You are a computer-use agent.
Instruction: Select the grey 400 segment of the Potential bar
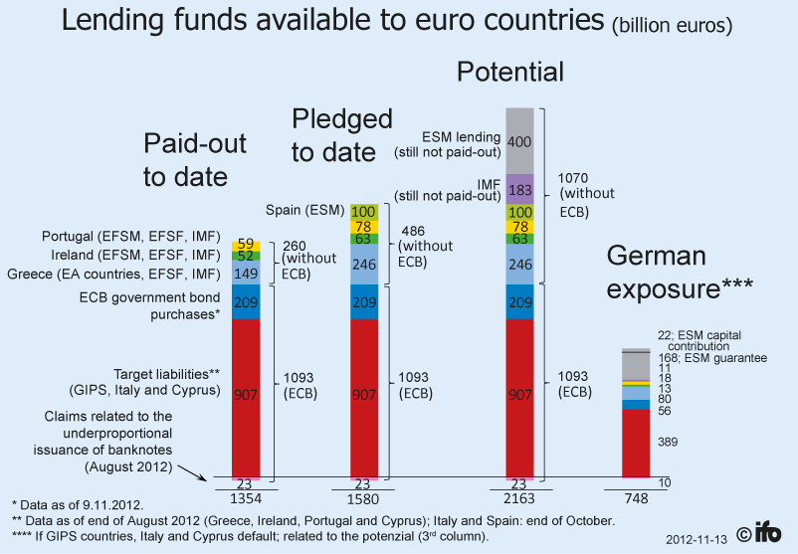click(519, 141)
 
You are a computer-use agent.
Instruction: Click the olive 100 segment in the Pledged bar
click(364, 212)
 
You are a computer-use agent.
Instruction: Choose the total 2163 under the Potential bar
click(519, 496)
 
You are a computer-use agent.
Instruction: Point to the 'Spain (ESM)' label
click(304, 211)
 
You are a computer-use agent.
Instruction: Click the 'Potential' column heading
click(509, 72)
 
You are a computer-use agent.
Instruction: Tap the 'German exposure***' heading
click(680, 274)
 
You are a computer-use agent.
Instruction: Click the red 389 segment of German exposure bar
click(636, 443)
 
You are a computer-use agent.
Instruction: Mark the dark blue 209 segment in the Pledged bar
click(364, 302)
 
